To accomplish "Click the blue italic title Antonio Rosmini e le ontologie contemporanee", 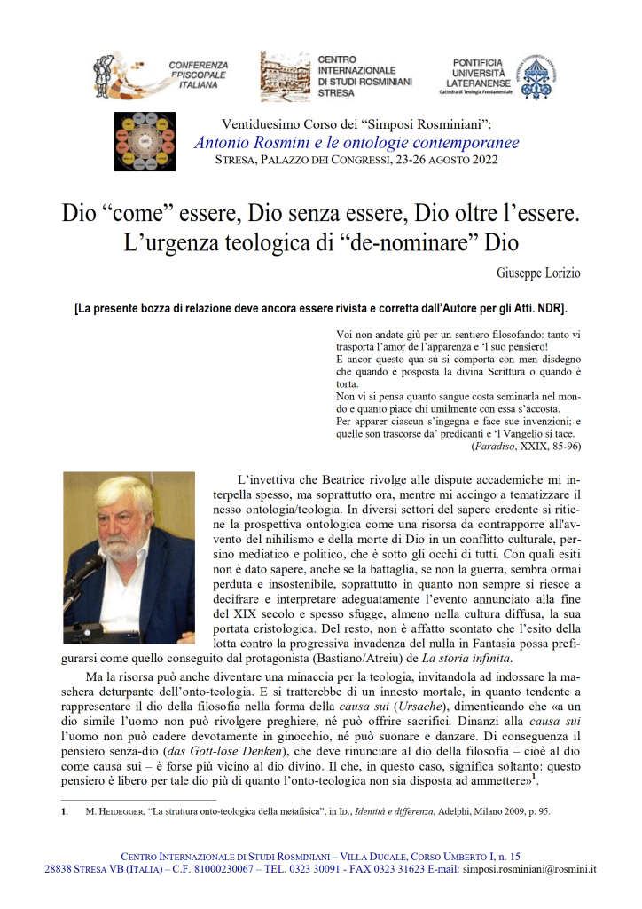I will (x=356, y=143).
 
